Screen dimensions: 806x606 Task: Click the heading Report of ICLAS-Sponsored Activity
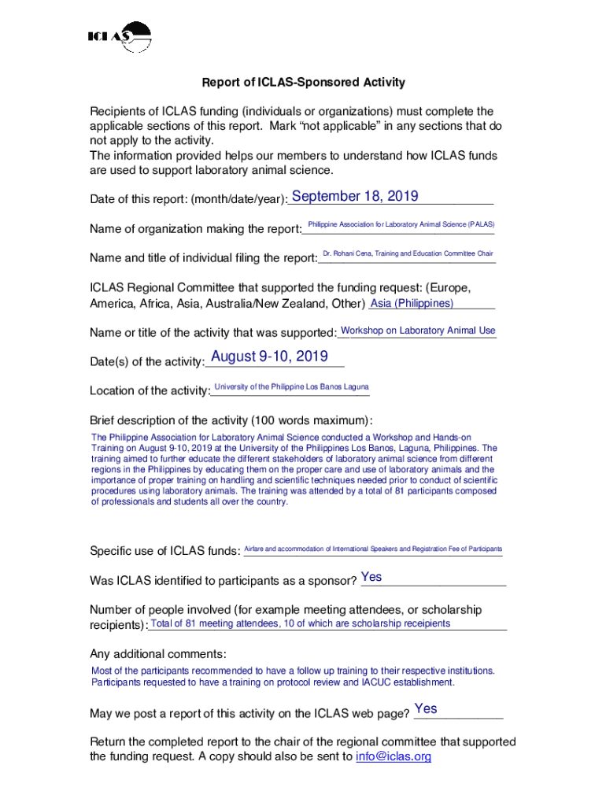coord(303,83)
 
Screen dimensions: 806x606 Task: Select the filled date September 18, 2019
coord(355,197)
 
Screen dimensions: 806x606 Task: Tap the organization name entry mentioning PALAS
coord(401,225)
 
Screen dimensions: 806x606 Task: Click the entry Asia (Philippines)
coord(412,304)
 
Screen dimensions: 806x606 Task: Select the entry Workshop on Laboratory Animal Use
coord(418,331)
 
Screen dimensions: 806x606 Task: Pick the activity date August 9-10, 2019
coord(269,357)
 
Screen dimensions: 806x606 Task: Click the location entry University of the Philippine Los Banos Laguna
coord(291,386)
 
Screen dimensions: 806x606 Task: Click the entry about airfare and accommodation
coord(373,549)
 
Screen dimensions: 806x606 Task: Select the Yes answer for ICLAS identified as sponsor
coord(371,578)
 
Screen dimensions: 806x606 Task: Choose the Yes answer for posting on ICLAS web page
coord(426,709)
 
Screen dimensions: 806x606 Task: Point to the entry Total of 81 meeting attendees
coord(301,624)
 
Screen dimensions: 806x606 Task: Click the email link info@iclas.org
coord(394,757)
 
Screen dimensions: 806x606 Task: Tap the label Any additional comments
coord(158,654)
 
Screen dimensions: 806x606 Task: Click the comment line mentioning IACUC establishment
coord(273,682)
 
